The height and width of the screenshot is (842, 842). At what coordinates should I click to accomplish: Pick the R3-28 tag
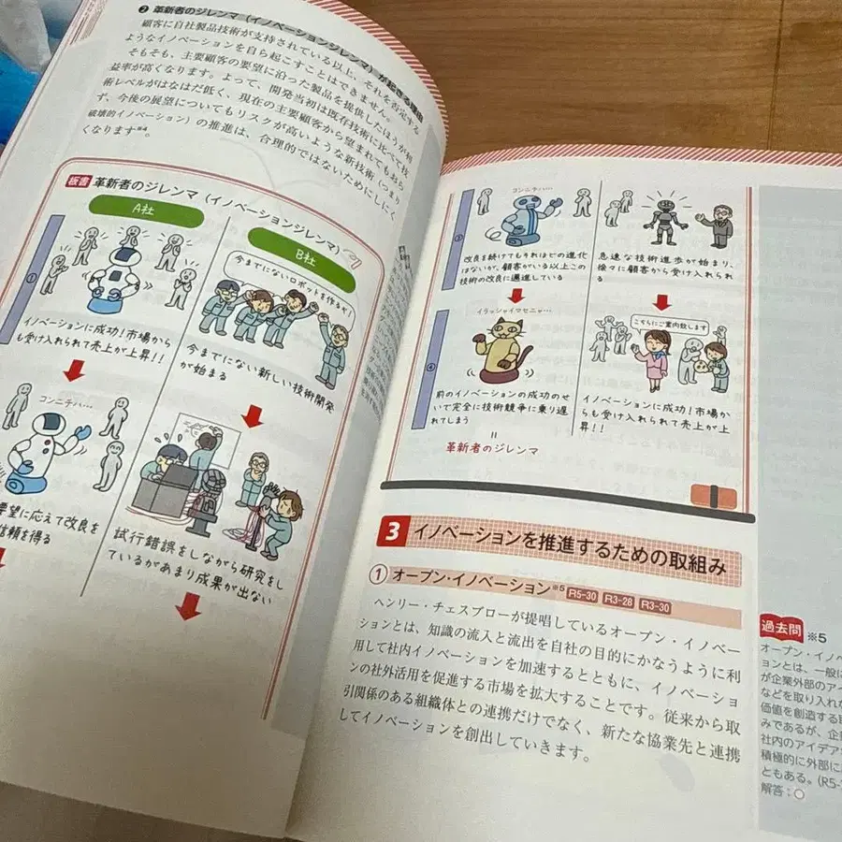click(621, 600)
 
